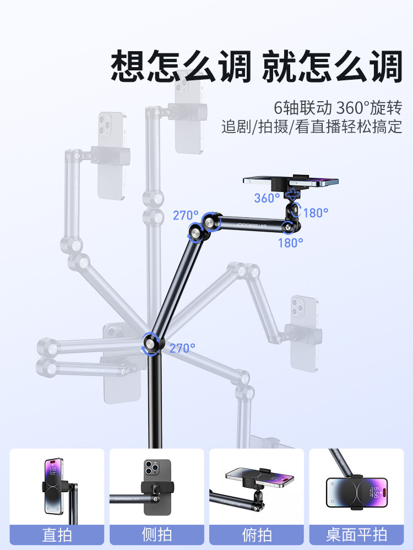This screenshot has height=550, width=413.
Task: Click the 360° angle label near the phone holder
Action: pos(267,198)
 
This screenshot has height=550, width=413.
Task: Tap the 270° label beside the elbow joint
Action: pos(186,215)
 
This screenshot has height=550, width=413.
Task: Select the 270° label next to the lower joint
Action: pos(182,348)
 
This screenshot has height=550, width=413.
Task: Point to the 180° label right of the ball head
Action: pos(316,212)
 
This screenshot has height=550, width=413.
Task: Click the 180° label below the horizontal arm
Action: pos(290,243)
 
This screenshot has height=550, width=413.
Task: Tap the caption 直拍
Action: pos(57,535)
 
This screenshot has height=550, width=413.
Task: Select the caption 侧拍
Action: pos(156,535)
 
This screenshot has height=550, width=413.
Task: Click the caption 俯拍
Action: pos(256,535)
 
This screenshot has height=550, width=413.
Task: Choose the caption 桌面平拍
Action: pos(356,535)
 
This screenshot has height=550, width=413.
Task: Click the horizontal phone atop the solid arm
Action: pos(290,180)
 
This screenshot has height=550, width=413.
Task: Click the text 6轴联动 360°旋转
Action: pos(338,107)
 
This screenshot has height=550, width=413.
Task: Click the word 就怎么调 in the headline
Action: pos(331,67)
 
